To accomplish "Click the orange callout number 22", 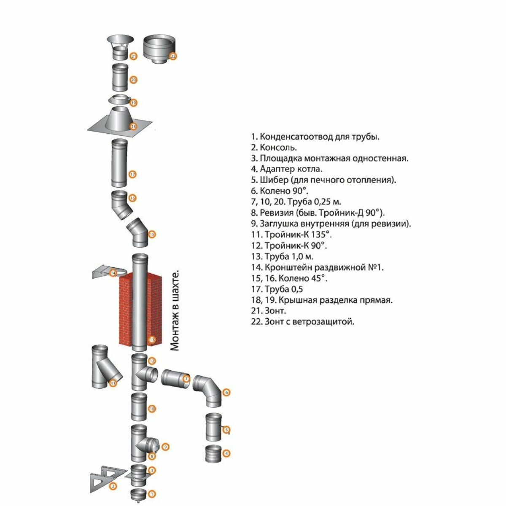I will click(x=173, y=56).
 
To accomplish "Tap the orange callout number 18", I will click(x=134, y=126).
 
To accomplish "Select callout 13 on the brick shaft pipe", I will click(x=152, y=339).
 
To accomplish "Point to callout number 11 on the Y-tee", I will click(x=113, y=383).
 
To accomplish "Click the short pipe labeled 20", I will click(x=119, y=77).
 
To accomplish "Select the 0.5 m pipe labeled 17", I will click(x=118, y=163).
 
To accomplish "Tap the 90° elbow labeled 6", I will click(x=209, y=390).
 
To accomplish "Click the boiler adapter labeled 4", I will click(x=213, y=454).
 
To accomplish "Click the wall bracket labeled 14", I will click(x=105, y=273).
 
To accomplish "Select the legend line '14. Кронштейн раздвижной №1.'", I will click(x=317, y=267).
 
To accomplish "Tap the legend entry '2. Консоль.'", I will click(x=274, y=148).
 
